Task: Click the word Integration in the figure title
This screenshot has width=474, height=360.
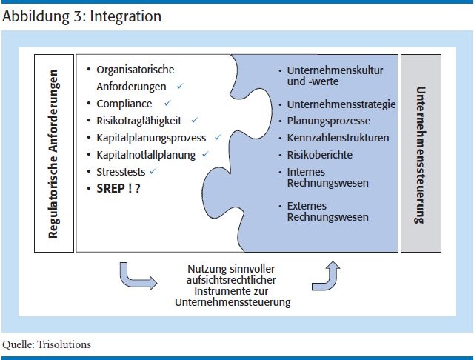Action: (125, 16)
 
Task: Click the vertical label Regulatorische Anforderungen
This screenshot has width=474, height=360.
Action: (53, 154)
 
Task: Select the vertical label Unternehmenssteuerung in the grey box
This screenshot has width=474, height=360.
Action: (420, 155)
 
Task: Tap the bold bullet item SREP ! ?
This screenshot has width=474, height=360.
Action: (118, 189)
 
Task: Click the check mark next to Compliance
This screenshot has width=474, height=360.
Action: (167, 104)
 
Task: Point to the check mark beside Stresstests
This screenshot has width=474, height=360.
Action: (153, 171)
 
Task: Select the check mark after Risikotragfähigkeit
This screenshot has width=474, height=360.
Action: (194, 120)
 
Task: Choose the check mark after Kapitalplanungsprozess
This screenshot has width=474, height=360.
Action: (218, 137)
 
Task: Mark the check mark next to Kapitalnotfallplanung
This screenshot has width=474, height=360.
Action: (205, 154)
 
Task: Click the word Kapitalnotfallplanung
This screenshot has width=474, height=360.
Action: (146, 155)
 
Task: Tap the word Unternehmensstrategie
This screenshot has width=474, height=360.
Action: (341, 104)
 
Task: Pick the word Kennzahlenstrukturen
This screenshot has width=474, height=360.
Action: (338, 138)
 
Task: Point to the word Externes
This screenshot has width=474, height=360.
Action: (307, 206)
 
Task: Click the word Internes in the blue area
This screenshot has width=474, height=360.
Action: (306, 172)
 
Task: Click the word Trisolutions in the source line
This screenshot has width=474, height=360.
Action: (64, 344)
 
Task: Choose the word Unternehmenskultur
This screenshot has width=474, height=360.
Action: (335, 70)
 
